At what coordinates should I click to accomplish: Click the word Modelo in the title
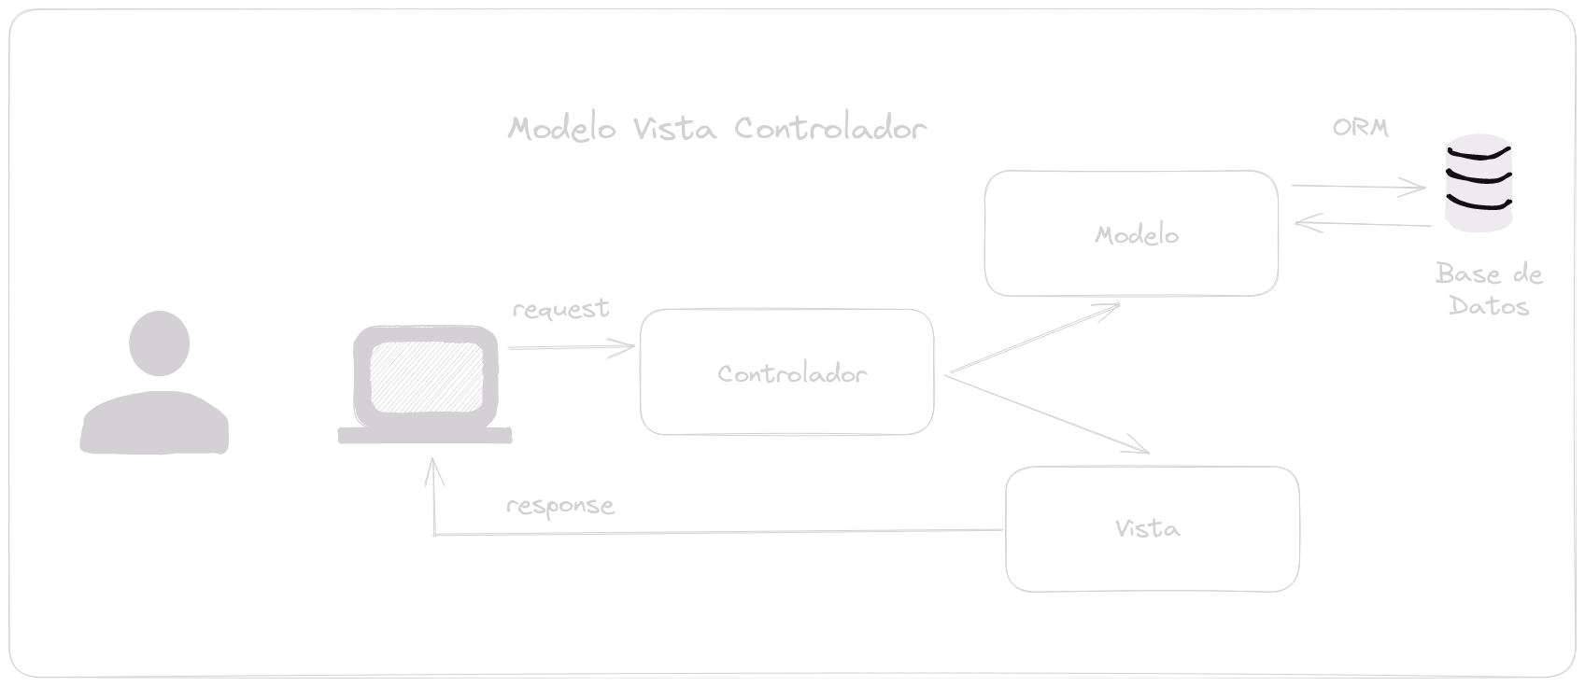coord(561,128)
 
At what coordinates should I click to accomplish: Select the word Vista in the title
coord(674,128)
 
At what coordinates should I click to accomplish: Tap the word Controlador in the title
coord(829,128)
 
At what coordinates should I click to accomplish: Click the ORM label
coord(1360,129)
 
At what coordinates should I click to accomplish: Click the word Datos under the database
coord(1489,306)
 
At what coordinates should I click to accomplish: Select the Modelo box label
coord(1136,235)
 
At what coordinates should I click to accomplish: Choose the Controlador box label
coord(792,374)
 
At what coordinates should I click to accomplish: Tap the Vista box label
coord(1147,529)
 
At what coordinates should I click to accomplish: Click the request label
coord(560,309)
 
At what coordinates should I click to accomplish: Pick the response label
coord(559,506)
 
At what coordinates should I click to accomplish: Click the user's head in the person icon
coord(159,343)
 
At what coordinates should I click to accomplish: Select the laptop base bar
coord(425,435)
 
